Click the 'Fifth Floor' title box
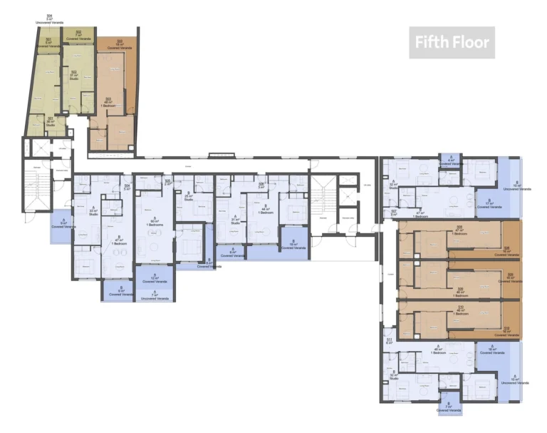click(x=452, y=43)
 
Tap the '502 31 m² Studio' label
click(x=74, y=75)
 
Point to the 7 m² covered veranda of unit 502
click(x=78, y=34)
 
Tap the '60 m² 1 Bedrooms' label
click(x=154, y=222)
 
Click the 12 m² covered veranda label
click(x=154, y=279)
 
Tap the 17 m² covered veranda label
click(x=489, y=203)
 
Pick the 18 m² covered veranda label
click(x=491, y=350)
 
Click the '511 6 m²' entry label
click(x=390, y=341)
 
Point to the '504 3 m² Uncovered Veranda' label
click(x=49, y=19)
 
